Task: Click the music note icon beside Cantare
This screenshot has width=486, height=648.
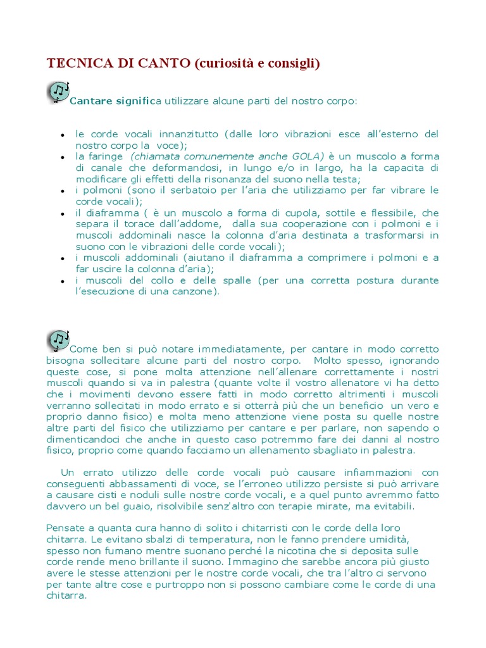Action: (x=58, y=92)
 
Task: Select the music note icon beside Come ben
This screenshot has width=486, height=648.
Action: (x=58, y=340)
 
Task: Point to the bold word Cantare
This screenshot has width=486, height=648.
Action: (x=89, y=101)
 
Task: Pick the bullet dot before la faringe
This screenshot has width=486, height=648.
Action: (x=63, y=157)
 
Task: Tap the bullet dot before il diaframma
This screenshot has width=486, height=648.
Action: (x=63, y=214)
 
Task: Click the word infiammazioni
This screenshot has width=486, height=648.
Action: (x=358, y=473)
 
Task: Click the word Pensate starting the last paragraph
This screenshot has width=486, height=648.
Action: (x=66, y=528)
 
